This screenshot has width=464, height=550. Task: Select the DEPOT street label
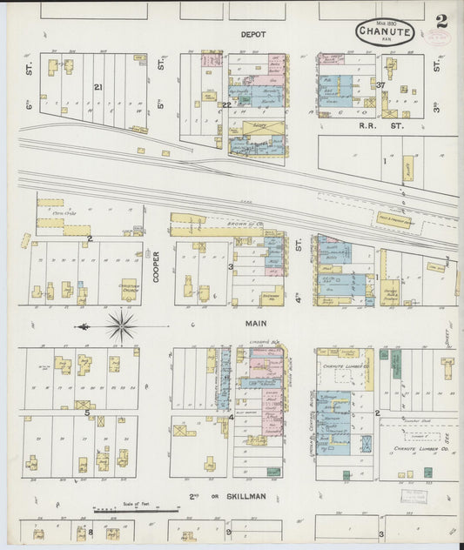pos(252,35)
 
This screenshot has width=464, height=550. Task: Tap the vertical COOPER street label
pos(157,265)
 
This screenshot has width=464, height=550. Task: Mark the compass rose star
pos(121,327)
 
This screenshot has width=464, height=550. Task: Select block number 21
pos(98,87)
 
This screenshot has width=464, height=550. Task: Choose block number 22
pos(225,104)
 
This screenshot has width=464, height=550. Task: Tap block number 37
pos(381,84)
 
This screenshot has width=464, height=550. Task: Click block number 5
pos(87,412)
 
